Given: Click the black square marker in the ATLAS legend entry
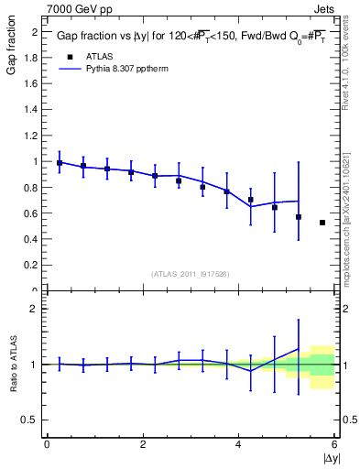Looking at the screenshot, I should (69, 55).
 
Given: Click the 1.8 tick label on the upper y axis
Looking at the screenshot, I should (31, 58).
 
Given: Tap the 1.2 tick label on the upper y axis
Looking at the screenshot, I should (31, 136).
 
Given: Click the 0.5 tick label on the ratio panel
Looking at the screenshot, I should (31, 420).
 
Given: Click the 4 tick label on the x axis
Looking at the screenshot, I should (239, 444).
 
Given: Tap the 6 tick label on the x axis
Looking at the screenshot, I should (334, 444).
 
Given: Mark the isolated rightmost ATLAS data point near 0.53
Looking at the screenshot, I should (322, 223).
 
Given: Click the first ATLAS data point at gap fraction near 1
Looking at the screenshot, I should (60, 163).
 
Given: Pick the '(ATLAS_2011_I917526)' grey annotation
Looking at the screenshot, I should (191, 274).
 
